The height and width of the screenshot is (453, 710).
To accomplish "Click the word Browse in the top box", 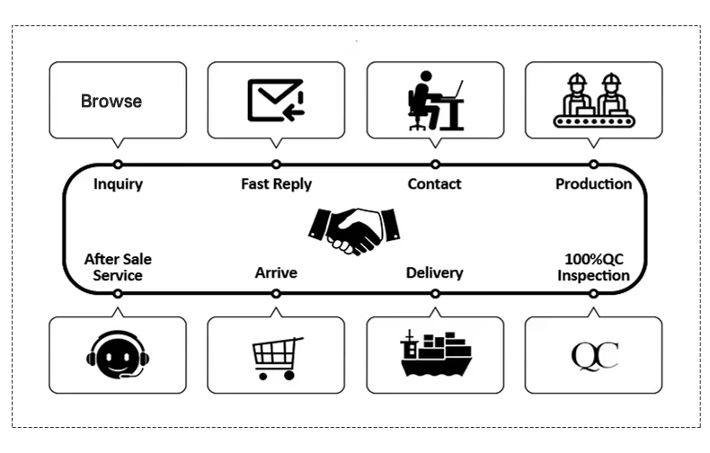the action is coord(111,101).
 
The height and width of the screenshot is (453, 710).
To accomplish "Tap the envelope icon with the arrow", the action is coord(276,100).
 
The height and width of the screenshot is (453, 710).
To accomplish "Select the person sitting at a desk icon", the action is coord(435,101).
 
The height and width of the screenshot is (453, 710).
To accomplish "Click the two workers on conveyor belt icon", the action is coord(594,100).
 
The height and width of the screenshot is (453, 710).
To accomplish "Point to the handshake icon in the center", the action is coord(353,230).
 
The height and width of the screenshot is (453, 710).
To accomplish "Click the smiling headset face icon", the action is coord(118,356).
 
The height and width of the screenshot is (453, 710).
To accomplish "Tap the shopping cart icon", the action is coord(277,357).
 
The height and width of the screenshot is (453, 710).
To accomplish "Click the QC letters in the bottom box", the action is coord(594,355).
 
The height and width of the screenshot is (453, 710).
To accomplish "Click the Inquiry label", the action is coord(118,184).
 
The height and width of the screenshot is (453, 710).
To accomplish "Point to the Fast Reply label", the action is coord(276,184).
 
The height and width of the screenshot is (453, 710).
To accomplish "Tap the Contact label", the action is coord(434,184).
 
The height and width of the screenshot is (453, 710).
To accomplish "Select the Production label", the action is coord(593,184).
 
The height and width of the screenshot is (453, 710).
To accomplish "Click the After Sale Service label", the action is coord(118,267).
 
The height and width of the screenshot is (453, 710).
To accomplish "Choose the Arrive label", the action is coord(276,272).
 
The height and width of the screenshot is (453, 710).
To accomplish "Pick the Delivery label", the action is coord(434,272).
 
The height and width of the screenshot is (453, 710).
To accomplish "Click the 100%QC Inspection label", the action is coord(593,267).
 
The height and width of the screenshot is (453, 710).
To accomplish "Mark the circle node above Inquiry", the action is coord(118,164).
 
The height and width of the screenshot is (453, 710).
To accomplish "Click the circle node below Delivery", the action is coord(435,293).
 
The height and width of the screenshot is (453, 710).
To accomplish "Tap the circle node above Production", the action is coord(593,164).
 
